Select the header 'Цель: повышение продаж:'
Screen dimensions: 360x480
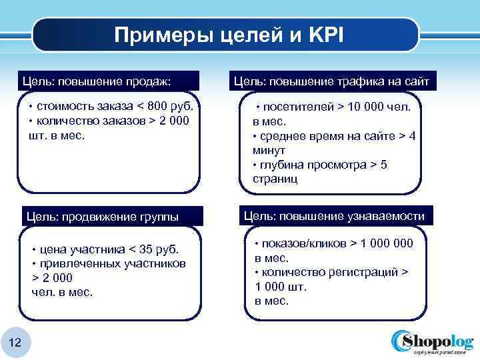[x=97, y=81]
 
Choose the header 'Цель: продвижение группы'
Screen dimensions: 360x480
[x=101, y=217]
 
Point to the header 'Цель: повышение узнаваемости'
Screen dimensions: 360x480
[x=333, y=216]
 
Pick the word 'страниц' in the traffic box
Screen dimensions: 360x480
[x=275, y=179]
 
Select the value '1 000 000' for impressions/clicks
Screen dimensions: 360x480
[x=387, y=243]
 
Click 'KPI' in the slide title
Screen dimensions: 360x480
[x=326, y=35]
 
